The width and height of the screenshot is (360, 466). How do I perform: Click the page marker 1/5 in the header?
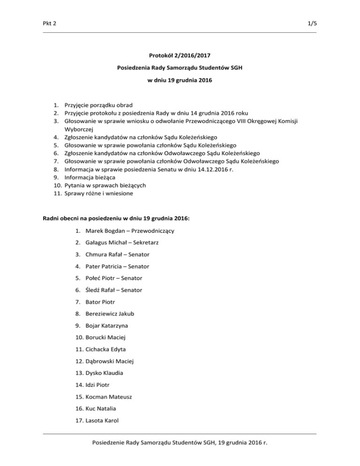click(312, 23)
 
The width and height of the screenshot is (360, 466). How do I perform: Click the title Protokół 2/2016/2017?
click(180, 55)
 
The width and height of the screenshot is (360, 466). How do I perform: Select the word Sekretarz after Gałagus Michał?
click(135, 242)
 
